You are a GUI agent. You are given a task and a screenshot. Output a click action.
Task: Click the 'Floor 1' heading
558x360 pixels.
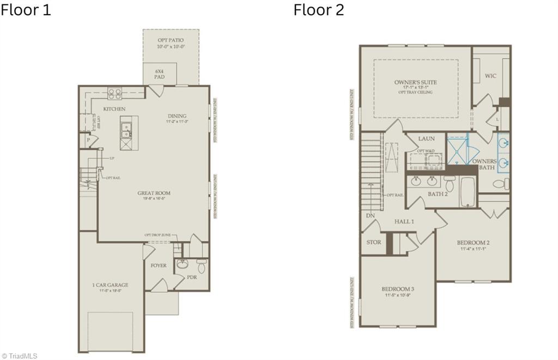26,10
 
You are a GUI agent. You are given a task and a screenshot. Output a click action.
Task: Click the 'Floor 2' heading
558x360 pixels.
319,10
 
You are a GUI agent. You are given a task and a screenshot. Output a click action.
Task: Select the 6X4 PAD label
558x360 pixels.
159,74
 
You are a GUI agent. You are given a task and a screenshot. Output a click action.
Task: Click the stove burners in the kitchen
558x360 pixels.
114,94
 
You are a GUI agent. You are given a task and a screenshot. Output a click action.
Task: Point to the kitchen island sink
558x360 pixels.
126,130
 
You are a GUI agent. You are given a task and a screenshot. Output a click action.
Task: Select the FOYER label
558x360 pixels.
159,266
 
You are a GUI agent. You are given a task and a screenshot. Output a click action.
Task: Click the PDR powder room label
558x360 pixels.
191,277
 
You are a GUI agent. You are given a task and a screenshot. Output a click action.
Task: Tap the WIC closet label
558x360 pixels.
490,76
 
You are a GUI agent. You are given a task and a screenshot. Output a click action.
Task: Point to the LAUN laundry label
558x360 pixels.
426,139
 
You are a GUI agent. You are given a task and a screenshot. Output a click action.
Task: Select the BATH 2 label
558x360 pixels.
438,193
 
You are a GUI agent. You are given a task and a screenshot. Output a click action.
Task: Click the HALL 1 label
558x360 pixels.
404,221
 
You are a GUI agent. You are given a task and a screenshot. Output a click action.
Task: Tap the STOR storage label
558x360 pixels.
373,242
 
